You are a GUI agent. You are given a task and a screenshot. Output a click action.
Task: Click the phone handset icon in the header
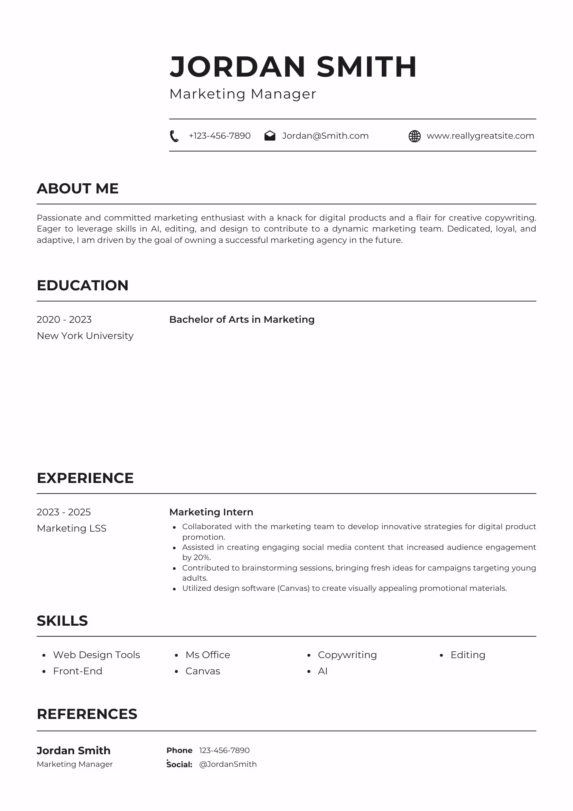click(174, 136)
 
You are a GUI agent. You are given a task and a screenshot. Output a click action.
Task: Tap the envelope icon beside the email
click(270, 136)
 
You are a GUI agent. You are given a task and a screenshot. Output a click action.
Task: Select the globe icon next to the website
click(415, 136)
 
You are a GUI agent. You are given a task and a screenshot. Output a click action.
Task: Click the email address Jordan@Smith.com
click(325, 136)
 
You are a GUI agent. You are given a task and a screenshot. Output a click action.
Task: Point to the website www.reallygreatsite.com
click(480, 136)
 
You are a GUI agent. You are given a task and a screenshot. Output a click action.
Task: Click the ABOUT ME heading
click(77, 189)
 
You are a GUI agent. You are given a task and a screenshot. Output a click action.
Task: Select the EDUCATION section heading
click(82, 285)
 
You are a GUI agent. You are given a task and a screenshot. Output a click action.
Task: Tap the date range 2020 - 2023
click(64, 320)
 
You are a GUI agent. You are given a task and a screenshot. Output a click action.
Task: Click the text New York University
click(85, 336)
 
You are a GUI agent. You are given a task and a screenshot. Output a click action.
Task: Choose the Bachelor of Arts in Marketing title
click(242, 320)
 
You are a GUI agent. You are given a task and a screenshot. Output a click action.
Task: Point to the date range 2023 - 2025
click(64, 512)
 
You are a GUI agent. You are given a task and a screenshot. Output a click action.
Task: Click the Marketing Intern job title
click(211, 512)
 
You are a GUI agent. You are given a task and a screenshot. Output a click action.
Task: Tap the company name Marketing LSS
click(71, 528)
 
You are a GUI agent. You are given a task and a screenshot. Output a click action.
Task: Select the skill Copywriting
click(347, 655)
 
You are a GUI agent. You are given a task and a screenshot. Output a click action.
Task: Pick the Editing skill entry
click(468, 655)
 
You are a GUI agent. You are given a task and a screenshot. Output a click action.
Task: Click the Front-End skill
click(77, 671)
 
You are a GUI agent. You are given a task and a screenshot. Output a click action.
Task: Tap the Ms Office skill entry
click(207, 655)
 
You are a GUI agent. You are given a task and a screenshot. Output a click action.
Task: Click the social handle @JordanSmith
click(228, 764)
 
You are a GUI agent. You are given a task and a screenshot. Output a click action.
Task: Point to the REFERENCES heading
click(87, 714)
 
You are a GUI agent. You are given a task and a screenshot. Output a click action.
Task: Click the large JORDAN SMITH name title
click(293, 67)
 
